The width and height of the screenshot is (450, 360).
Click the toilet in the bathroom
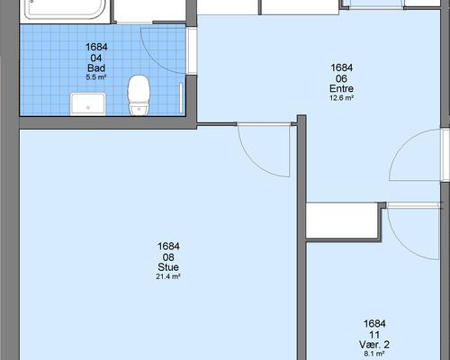coord(139,95)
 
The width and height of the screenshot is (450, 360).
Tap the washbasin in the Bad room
coord(88,103)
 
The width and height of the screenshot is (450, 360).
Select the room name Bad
coord(96,67)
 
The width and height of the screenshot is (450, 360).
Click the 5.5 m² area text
coord(96,77)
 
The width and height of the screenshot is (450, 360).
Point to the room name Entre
coord(341,88)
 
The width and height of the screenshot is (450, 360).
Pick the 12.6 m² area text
coord(341,98)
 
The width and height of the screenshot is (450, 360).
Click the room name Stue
coord(168,267)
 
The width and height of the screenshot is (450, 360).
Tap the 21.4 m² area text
coord(168,276)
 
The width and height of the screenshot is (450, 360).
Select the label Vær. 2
coord(374,345)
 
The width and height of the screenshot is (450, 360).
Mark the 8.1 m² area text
coord(374,354)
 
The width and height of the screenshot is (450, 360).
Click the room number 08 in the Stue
coord(168,257)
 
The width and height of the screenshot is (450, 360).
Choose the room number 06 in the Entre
coord(341,78)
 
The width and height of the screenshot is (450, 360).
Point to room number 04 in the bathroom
coord(96,58)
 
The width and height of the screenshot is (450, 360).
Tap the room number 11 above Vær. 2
coord(374,335)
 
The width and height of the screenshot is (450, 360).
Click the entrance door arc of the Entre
coord(403,144)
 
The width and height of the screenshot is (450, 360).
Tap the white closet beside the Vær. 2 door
coord(342,220)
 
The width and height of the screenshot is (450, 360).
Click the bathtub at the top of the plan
coord(65,9)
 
